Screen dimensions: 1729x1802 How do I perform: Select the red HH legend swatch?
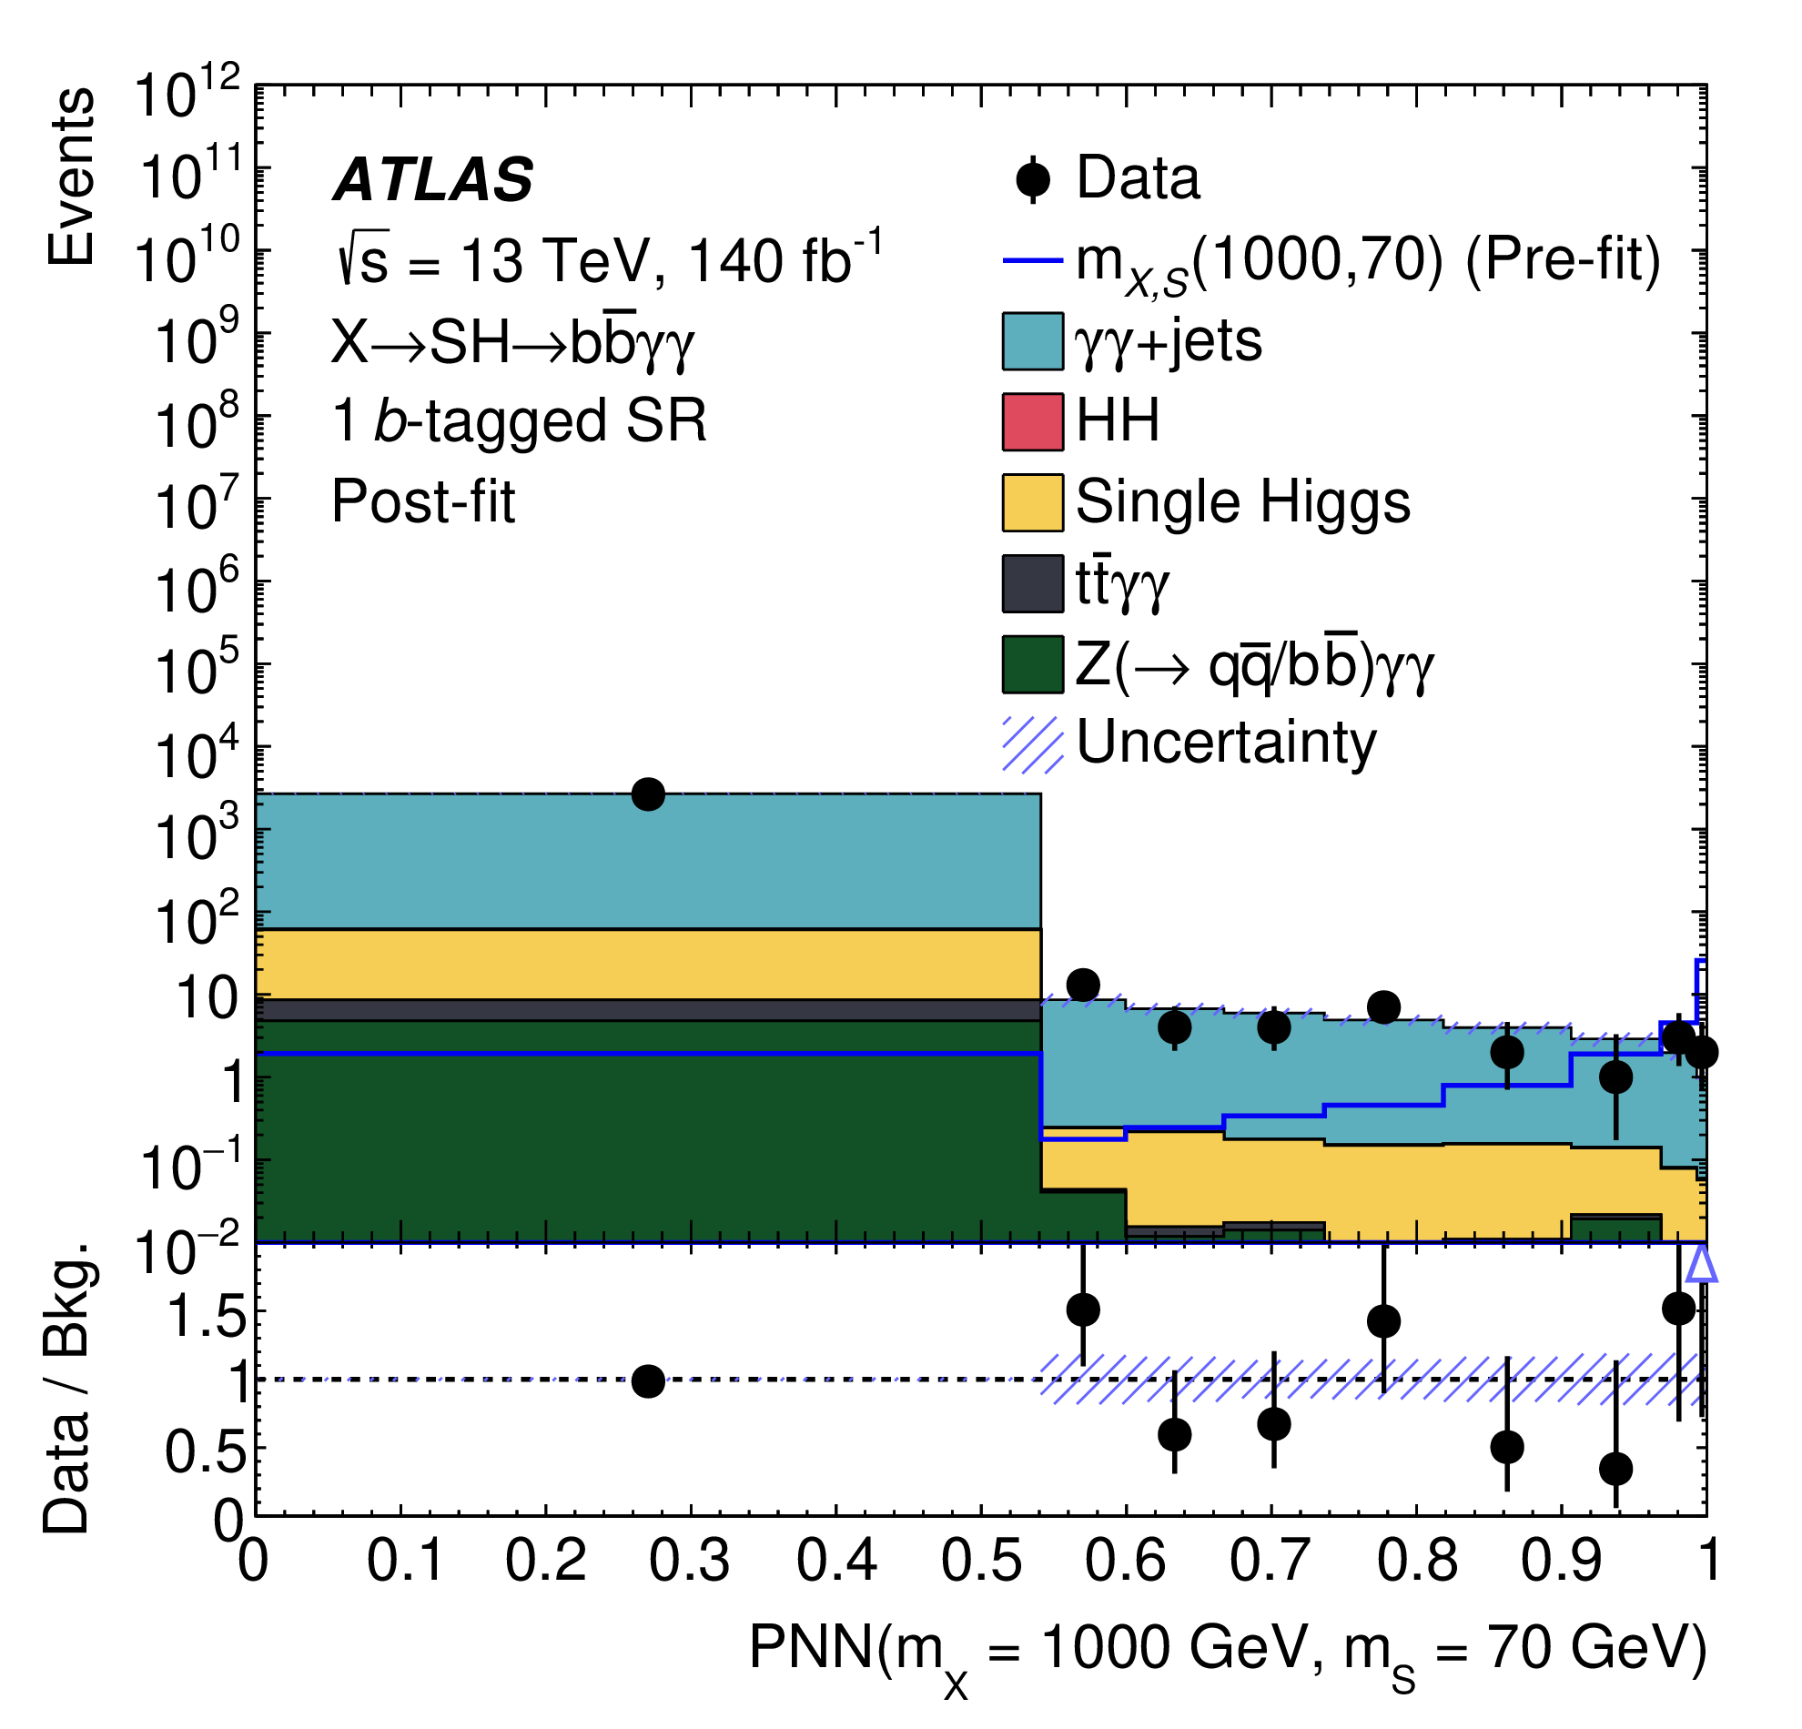(x=1032, y=422)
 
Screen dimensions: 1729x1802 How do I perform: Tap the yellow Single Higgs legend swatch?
(x=1032, y=503)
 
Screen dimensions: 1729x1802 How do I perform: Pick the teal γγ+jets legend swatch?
(x=1032, y=341)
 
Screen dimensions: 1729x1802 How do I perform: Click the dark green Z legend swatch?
(x=1032, y=663)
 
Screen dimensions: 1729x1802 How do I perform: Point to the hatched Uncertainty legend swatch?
(x=1032, y=743)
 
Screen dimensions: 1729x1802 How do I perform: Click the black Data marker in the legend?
(x=1033, y=179)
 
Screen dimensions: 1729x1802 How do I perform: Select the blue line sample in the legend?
(x=1032, y=260)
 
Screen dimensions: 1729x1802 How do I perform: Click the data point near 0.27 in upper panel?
(x=648, y=794)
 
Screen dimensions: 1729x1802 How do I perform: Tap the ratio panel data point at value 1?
(x=648, y=1380)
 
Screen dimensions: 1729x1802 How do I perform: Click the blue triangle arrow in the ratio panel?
(x=1702, y=1266)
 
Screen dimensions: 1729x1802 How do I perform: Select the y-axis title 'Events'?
(x=72, y=177)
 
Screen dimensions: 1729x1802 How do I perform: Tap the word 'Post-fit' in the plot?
(x=423, y=503)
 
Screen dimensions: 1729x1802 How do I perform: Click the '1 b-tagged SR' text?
(x=520, y=422)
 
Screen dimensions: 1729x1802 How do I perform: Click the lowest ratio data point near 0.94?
(x=1615, y=1469)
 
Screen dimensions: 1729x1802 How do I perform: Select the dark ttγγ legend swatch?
(x=1032, y=582)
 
